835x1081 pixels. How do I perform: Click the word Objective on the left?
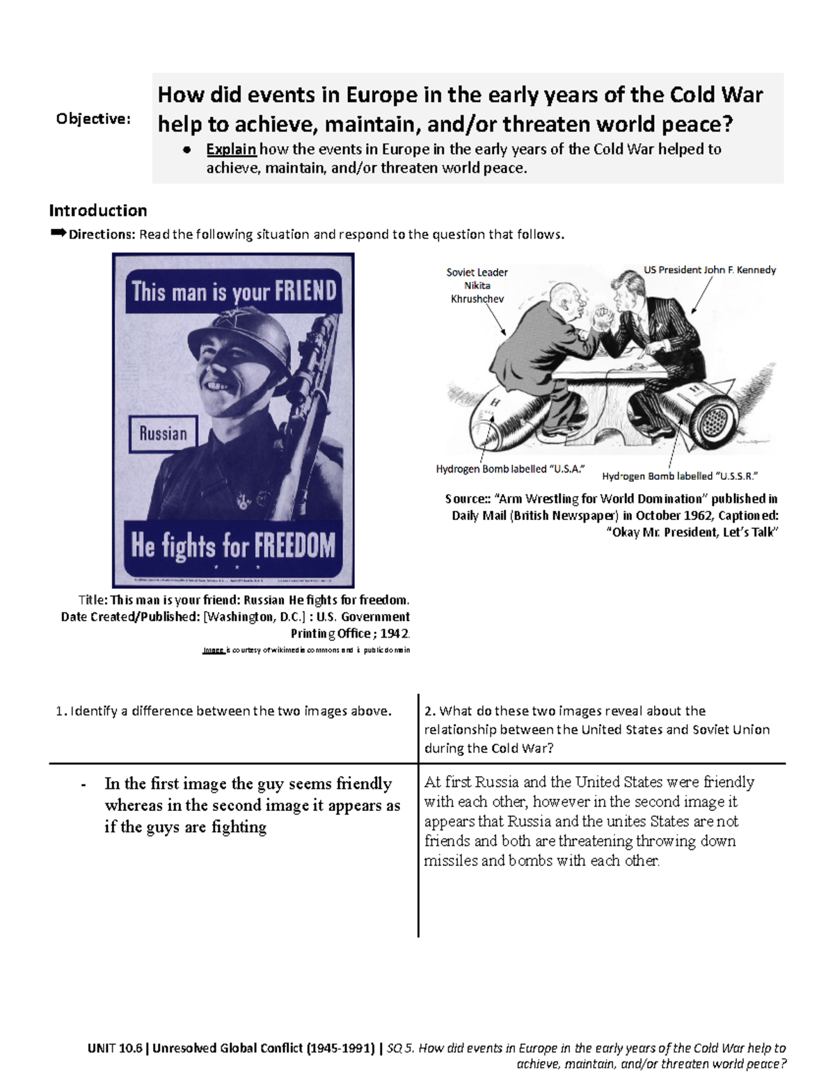pos(93,119)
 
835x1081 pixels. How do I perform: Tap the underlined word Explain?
pos(231,149)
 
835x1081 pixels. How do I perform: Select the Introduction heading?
pos(97,210)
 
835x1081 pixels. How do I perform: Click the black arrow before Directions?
pos(58,233)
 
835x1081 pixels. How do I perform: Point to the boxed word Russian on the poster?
pos(163,434)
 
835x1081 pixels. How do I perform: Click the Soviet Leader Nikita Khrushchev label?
pos(477,285)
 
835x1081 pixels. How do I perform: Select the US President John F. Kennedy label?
pos(709,270)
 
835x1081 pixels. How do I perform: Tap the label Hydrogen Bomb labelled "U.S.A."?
pos(509,469)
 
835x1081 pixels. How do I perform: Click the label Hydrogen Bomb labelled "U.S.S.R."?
pos(679,476)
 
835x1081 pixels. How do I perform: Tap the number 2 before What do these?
pos(429,711)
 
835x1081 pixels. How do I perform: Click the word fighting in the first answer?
pos(239,827)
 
